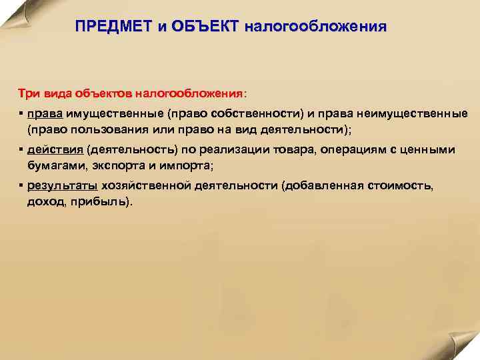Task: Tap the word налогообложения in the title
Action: click(315, 28)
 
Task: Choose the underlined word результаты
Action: click(62, 187)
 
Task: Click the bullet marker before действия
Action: click(21, 149)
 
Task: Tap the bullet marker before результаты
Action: click(21, 187)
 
